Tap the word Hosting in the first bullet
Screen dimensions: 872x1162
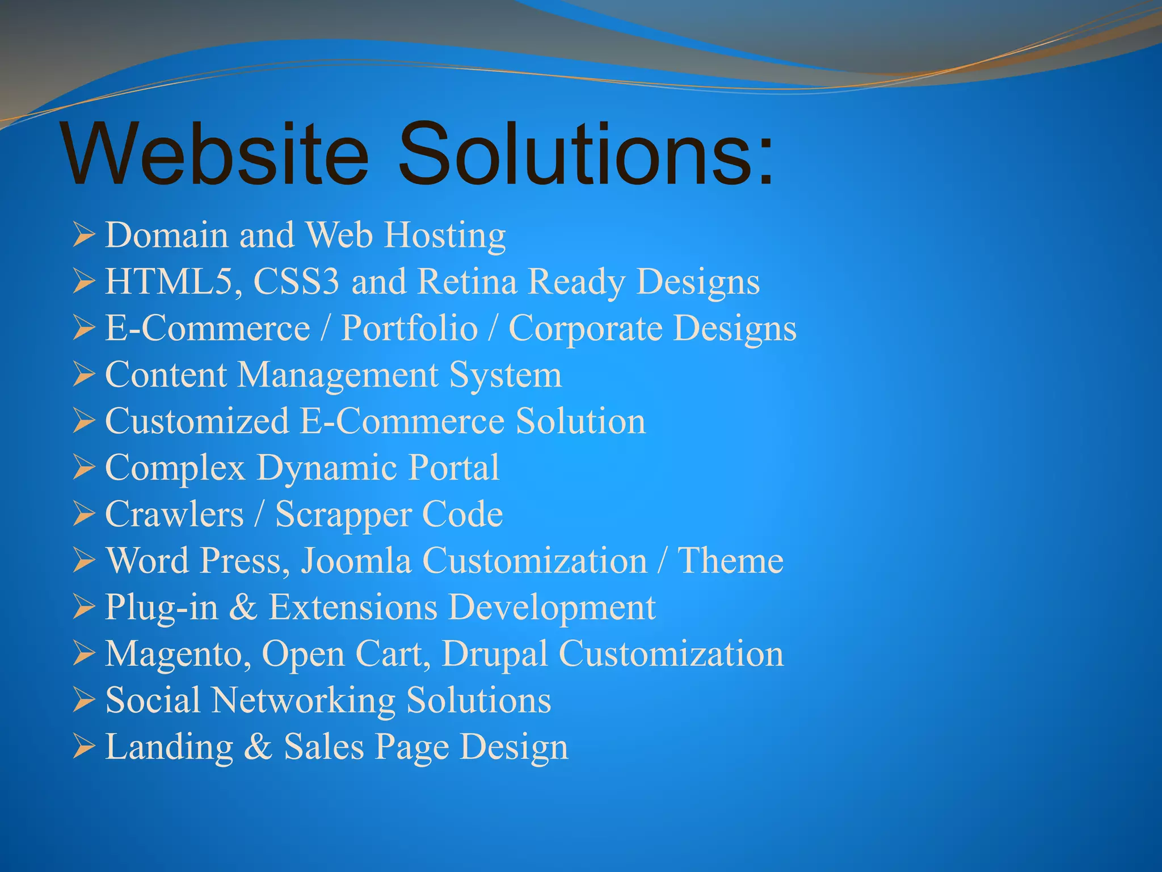coord(445,236)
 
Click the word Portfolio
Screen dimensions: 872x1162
coord(409,329)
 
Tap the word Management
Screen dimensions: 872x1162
coord(337,375)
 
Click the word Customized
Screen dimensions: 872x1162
coord(197,422)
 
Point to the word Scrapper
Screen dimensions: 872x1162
coord(343,515)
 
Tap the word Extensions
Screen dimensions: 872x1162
coord(352,608)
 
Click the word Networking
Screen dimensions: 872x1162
coord(303,701)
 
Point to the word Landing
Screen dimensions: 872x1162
coord(169,748)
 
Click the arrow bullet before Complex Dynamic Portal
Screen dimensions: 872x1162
coord(83,468)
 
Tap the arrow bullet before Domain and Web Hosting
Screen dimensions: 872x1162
coord(83,236)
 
